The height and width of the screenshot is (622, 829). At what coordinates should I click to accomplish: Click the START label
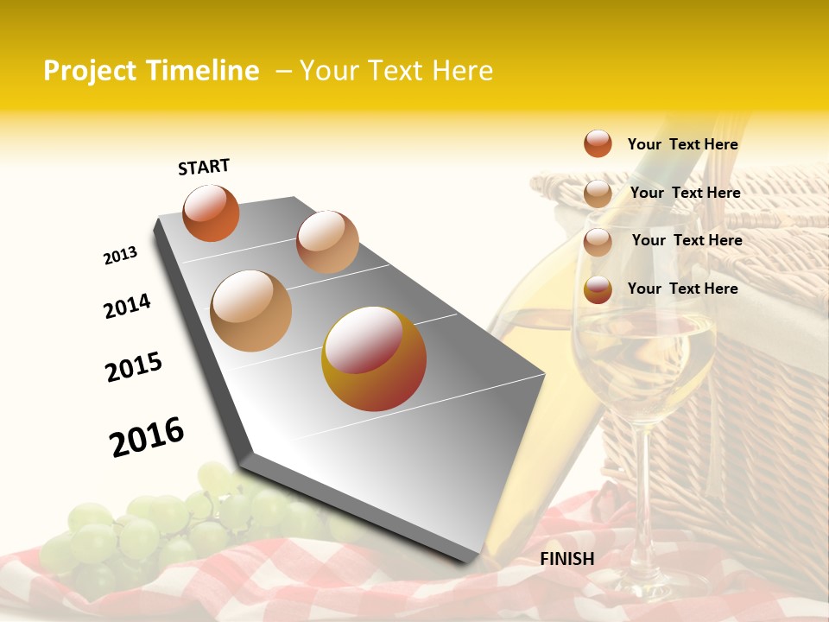204,167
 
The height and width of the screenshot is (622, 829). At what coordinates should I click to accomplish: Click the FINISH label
567,559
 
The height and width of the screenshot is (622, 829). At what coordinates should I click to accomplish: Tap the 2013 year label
120,256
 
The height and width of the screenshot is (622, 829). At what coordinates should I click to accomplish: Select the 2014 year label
127,306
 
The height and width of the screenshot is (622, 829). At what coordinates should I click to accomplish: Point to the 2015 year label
134,367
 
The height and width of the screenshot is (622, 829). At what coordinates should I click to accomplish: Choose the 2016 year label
147,437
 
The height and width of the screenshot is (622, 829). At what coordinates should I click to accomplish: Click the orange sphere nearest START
212,213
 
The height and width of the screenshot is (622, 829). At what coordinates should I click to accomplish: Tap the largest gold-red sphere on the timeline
374,359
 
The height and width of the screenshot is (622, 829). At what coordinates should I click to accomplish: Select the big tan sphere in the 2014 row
251,310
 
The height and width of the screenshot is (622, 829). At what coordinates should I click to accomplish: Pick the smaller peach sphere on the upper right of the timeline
327,242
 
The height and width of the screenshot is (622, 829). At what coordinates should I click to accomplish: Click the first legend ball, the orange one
598,143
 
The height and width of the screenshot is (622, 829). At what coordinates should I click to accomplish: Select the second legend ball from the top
598,194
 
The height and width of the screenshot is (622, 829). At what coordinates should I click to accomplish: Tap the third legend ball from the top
598,242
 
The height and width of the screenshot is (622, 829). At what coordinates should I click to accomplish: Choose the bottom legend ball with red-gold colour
598,290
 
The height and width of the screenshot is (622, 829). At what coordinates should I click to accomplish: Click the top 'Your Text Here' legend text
682,144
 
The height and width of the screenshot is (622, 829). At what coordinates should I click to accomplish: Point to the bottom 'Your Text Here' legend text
682,289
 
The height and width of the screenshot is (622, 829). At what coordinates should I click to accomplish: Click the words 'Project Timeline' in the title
151,71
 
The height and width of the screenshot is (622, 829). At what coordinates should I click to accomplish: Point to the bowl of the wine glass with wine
643,354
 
